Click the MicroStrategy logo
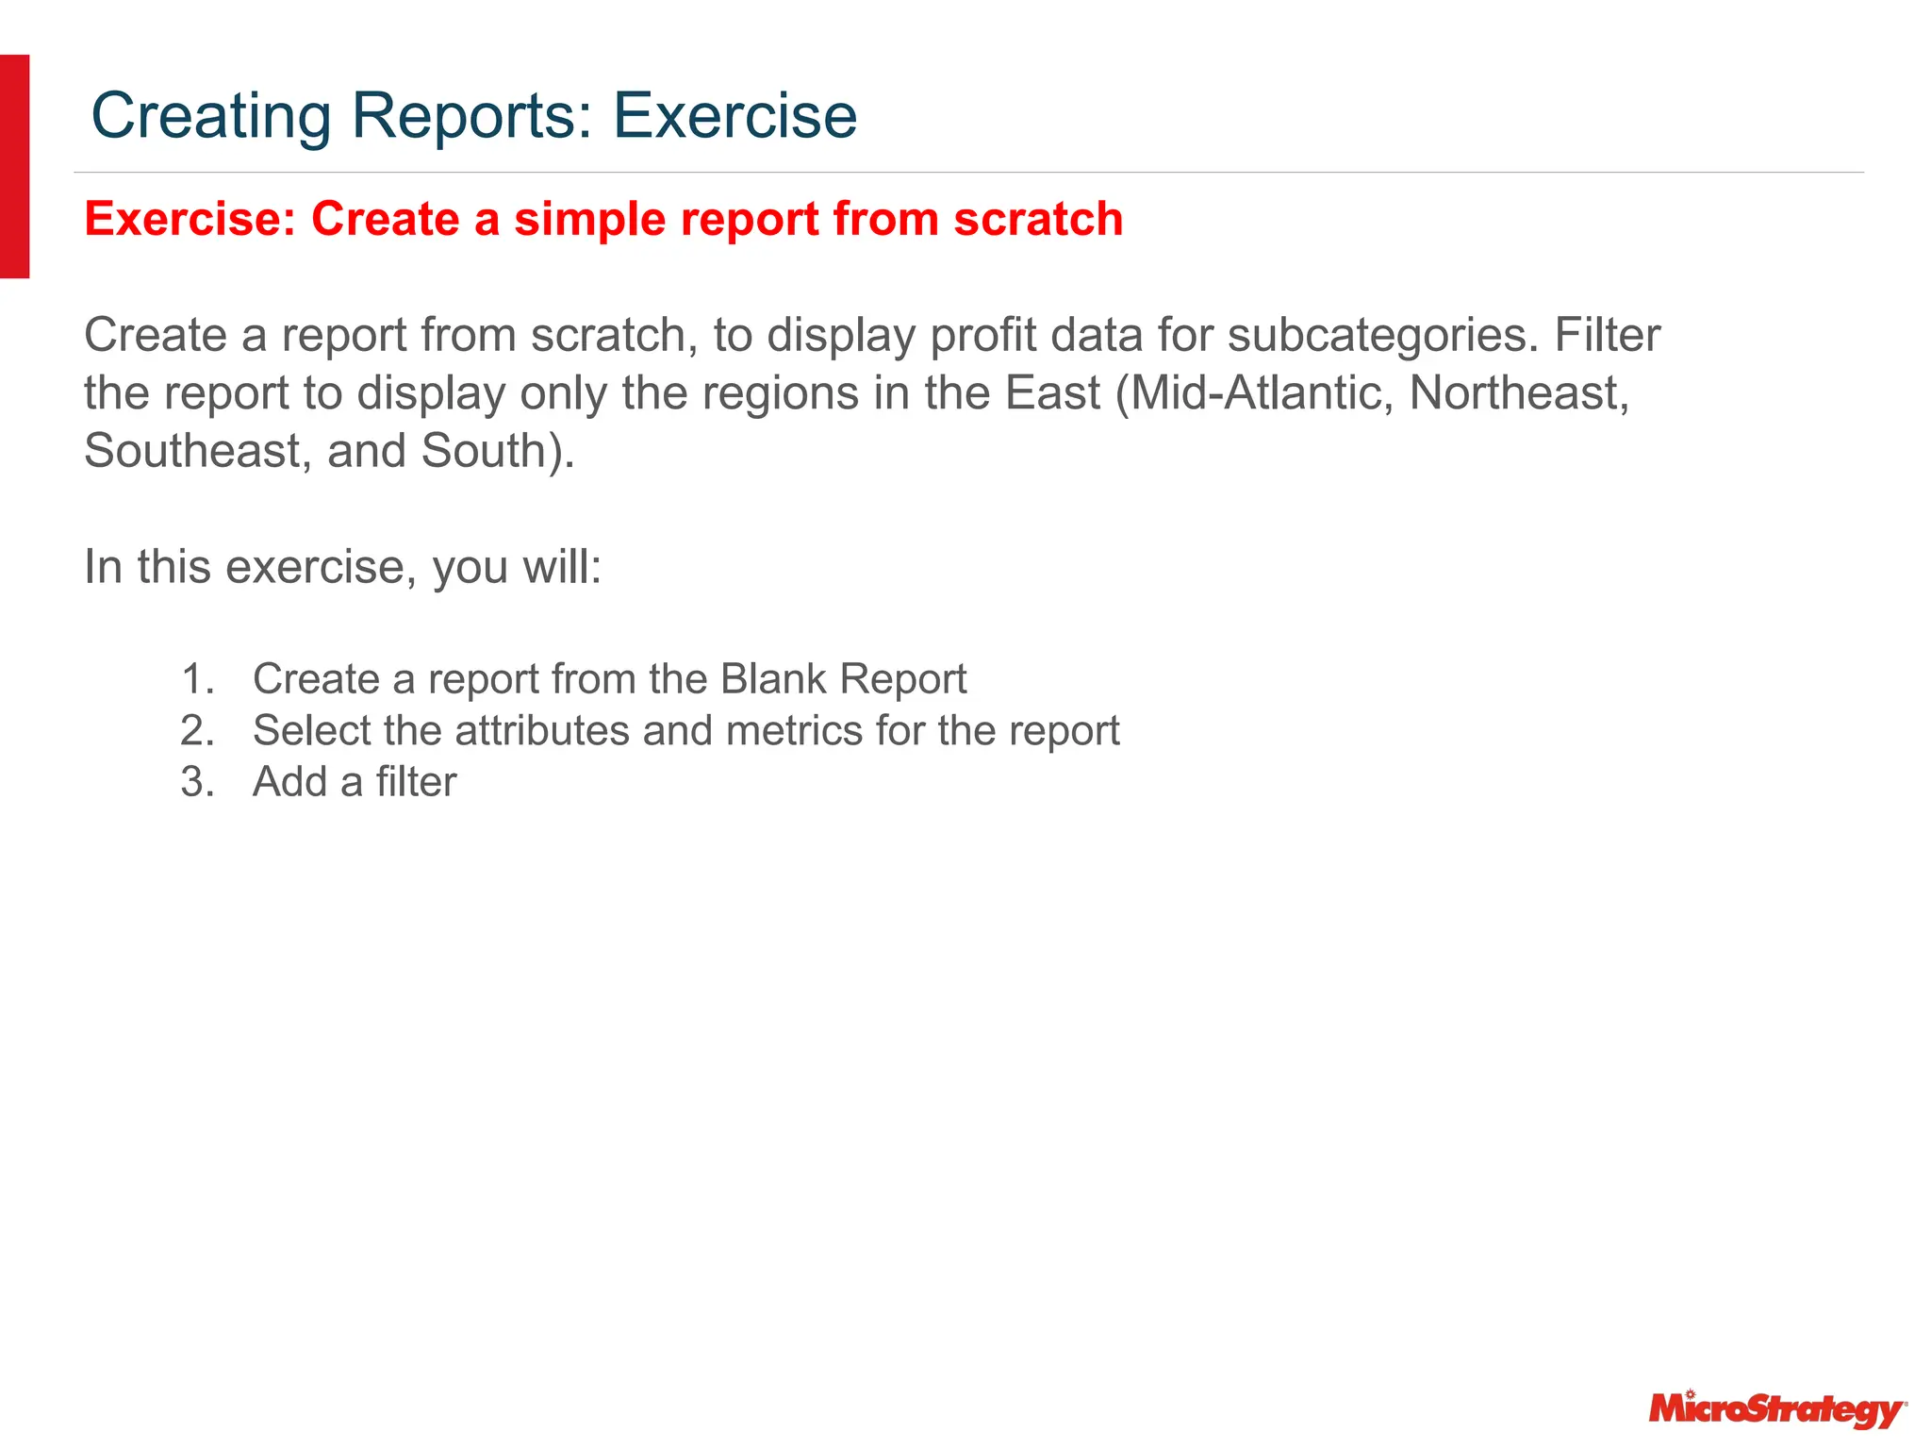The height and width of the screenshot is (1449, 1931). click(x=1776, y=1409)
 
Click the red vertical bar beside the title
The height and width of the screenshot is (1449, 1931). click(x=14, y=166)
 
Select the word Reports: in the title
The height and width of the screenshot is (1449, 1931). click(x=473, y=116)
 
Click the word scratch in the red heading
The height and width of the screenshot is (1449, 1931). click(x=1038, y=219)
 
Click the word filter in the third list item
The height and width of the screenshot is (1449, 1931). click(x=416, y=782)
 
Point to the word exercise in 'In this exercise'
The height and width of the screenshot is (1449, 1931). click(x=321, y=568)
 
